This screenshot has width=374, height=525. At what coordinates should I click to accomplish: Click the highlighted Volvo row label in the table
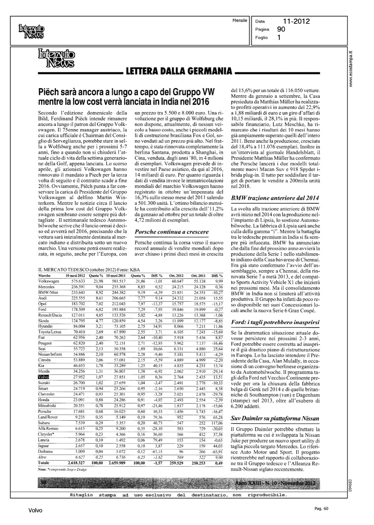(43, 377)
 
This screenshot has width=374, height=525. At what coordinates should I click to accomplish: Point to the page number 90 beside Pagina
(281, 29)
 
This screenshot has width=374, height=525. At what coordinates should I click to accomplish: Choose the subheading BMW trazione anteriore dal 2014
(275, 198)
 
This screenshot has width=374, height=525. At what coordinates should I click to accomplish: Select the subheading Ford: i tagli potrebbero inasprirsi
(275, 322)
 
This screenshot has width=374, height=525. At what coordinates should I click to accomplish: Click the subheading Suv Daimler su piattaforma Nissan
(275, 418)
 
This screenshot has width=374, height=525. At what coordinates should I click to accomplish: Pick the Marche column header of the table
(44, 276)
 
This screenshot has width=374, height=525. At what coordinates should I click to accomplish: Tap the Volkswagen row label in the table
(48, 281)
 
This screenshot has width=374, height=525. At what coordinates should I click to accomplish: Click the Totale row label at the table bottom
(44, 463)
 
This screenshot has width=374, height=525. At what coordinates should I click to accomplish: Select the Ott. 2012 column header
(177, 276)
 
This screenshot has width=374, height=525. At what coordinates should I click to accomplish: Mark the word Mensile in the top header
(240, 20)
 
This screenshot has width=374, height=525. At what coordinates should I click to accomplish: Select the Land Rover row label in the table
(48, 417)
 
